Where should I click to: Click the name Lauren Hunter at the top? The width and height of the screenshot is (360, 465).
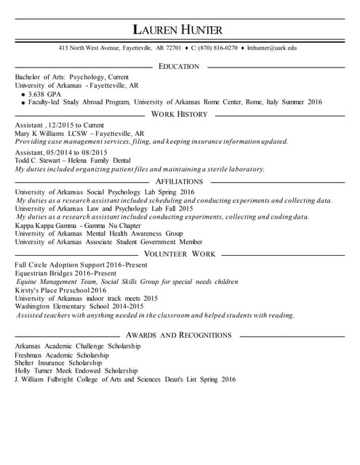pos(178,30)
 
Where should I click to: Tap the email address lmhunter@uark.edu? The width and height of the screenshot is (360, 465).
pos(271,48)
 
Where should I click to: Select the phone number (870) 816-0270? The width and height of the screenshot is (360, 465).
pos(217,48)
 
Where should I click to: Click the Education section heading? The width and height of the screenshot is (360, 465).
pos(178,67)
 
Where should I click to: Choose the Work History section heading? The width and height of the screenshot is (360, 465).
pos(180,114)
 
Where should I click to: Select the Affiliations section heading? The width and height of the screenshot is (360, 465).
pos(179,181)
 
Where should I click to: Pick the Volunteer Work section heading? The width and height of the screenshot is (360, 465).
pos(179,254)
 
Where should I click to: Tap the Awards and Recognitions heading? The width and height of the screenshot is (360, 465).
pos(179,335)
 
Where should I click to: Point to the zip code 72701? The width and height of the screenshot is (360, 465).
pos(173,48)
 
